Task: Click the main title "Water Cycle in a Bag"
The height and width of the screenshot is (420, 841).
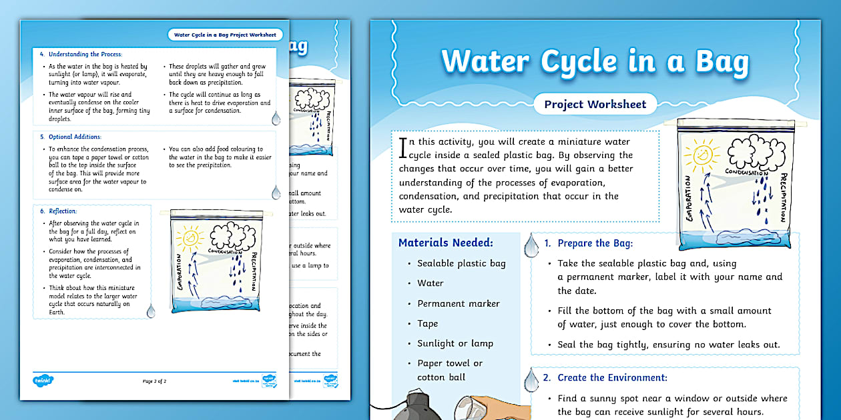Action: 595,61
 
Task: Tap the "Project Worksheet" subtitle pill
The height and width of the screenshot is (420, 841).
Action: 595,104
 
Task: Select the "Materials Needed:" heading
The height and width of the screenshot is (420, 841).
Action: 445,243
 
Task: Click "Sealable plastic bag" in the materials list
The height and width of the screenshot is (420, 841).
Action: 461,263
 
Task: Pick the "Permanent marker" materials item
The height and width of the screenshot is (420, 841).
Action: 458,303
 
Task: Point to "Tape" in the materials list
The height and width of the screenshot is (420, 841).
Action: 427,323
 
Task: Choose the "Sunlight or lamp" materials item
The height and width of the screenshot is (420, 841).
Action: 455,343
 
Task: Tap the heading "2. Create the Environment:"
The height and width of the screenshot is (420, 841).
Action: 605,377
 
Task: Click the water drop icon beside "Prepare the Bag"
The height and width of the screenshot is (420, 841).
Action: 531,245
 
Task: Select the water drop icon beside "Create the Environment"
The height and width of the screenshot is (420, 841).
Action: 531,380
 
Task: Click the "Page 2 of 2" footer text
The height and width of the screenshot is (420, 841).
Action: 154,381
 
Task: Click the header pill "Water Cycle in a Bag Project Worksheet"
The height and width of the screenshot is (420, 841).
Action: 224,35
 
